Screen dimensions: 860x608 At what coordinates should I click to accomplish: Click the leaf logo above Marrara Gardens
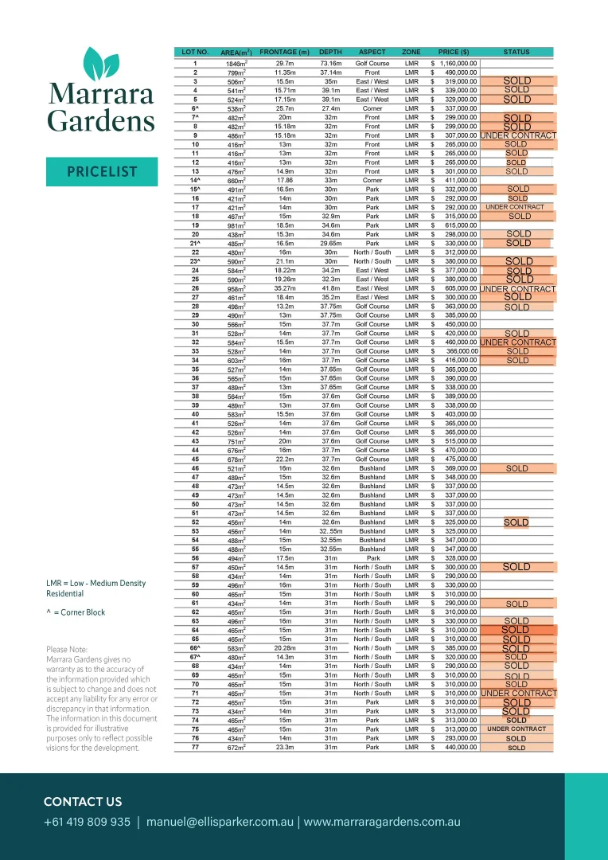coord(101,63)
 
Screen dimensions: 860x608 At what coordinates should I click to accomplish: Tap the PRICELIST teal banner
coord(102,172)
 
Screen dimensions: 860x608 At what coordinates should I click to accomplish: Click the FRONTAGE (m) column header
coord(284,52)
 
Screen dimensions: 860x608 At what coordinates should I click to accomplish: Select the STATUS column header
coord(516,52)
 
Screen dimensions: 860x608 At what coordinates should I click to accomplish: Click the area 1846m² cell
coord(236,64)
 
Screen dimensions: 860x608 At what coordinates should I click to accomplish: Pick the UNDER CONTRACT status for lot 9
coord(517,135)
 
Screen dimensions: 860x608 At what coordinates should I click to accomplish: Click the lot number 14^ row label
coord(195,181)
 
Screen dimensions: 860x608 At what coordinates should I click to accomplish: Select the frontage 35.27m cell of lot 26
coord(284,288)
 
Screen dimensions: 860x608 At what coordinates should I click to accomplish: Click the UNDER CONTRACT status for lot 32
coord(517,342)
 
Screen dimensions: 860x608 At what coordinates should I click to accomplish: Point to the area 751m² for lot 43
coord(236,442)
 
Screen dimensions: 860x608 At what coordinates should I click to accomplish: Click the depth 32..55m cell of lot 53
coord(330,531)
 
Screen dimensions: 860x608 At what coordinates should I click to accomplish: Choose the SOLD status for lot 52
coord(516,522)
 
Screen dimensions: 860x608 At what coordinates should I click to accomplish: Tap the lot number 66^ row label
coord(195,648)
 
